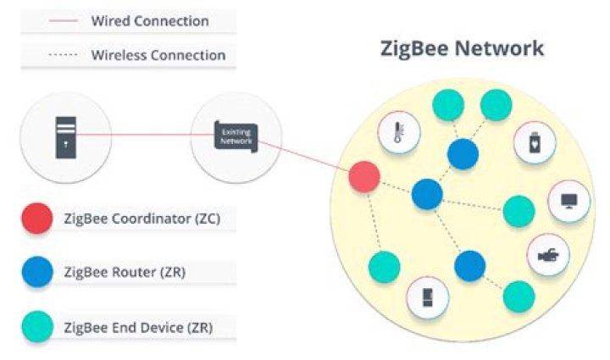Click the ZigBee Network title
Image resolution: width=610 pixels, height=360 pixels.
[x=462, y=48]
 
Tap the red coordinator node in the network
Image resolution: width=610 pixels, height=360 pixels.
[x=364, y=177]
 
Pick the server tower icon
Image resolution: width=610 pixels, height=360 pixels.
[x=67, y=136]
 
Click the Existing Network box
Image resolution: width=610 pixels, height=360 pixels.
[x=235, y=135]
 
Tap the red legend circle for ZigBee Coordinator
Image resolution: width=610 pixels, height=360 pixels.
[x=36, y=219]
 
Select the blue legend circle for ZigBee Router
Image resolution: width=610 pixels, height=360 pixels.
[x=36, y=273]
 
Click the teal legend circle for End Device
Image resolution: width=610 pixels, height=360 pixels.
[x=36, y=326]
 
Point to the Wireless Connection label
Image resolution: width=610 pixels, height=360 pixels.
[x=158, y=56]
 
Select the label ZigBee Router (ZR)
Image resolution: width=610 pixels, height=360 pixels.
[x=125, y=273]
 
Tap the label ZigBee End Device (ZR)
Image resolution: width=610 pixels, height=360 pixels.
[x=138, y=326]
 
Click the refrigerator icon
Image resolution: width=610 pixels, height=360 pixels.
[x=426, y=297]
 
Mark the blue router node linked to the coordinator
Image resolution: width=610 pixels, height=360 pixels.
[x=427, y=194]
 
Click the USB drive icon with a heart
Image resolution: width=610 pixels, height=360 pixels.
[x=535, y=145]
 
